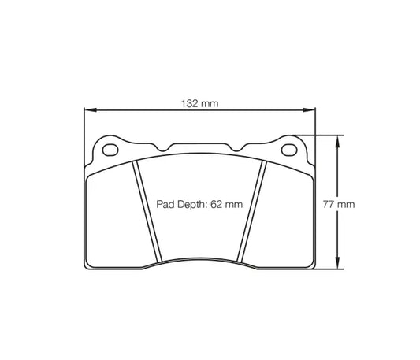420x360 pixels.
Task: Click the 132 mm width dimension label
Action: tap(199, 104)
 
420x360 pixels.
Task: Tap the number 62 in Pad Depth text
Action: tap(216, 203)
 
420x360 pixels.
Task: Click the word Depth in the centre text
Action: tap(190, 203)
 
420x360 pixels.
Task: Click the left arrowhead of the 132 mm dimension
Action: tap(87, 111)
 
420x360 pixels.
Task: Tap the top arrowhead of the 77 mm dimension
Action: tap(338, 139)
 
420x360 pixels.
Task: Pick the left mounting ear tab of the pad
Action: tap(110, 148)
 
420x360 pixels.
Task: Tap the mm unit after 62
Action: tap(232, 203)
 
